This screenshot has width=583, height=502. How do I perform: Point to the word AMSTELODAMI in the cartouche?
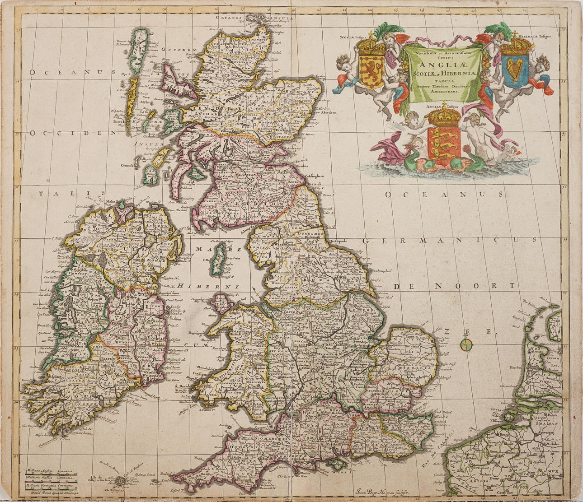point(441,91)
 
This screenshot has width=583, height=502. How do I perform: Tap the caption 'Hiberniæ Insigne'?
point(534,36)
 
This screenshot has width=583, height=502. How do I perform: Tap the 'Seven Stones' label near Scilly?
point(146,474)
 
